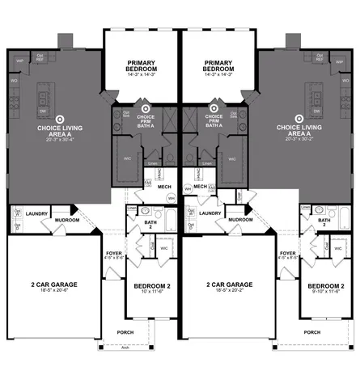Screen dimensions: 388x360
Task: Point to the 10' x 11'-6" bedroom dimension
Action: pyautogui.click(x=150, y=293)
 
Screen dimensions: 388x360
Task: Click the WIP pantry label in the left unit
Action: pyautogui.click(x=20, y=60)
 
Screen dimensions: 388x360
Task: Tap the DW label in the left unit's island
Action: pyautogui.click(x=42, y=112)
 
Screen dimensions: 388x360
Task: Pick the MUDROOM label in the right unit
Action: pyautogui.click(x=240, y=219)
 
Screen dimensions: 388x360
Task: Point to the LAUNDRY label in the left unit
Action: pyautogui.click(x=37, y=213)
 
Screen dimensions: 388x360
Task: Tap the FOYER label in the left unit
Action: pyautogui.click(x=114, y=252)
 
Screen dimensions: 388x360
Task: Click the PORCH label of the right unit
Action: pyautogui.click(x=311, y=331)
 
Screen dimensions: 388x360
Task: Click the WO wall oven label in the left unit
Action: pyautogui.click(x=15, y=81)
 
